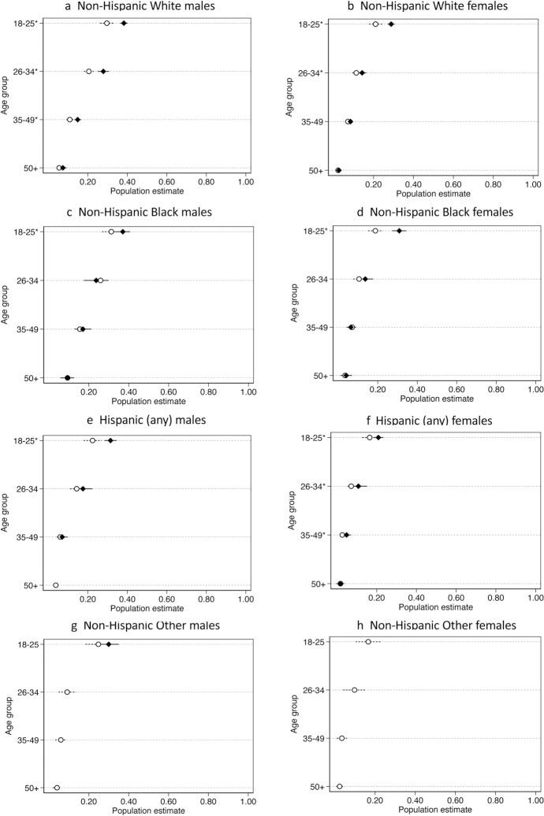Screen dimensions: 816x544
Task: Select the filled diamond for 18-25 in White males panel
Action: coord(124,24)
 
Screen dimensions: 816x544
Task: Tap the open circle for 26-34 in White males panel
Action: coord(89,72)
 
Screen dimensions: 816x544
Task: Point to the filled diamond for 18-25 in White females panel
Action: coord(391,24)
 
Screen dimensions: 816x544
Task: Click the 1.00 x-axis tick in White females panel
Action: coord(532,184)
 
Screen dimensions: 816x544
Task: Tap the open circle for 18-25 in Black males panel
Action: coord(111,232)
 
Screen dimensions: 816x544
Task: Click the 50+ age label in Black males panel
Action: coord(29,378)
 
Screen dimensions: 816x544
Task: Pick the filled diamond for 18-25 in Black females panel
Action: coord(400,231)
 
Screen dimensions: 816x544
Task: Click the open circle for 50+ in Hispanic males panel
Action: coord(56,585)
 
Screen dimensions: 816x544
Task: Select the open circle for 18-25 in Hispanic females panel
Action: coord(369,437)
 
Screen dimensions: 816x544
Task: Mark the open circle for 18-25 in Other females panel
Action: coord(368,642)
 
